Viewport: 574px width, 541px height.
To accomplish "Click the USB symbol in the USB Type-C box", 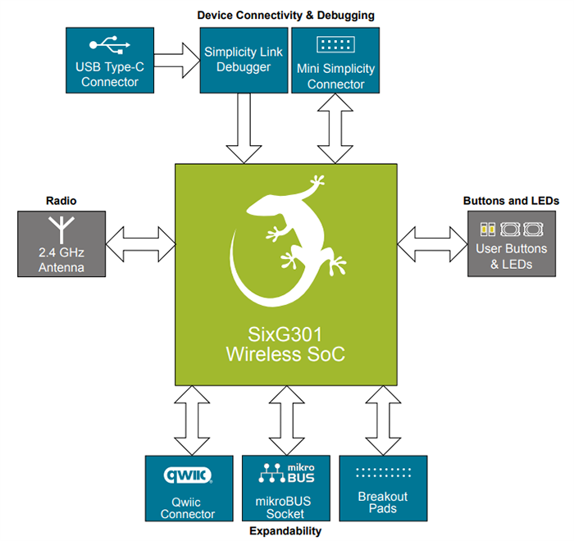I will (x=110, y=44).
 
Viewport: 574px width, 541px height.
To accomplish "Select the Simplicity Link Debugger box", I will (x=244, y=60).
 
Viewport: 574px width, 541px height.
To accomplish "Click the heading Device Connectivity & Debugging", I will (x=286, y=15).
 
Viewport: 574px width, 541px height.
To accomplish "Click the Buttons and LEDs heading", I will (x=510, y=200).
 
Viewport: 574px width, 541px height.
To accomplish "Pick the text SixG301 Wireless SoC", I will (x=286, y=344).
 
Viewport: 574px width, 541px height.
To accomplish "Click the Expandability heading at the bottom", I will (x=286, y=531).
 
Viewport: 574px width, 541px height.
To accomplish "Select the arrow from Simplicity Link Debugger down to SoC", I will (x=244, y=127).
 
